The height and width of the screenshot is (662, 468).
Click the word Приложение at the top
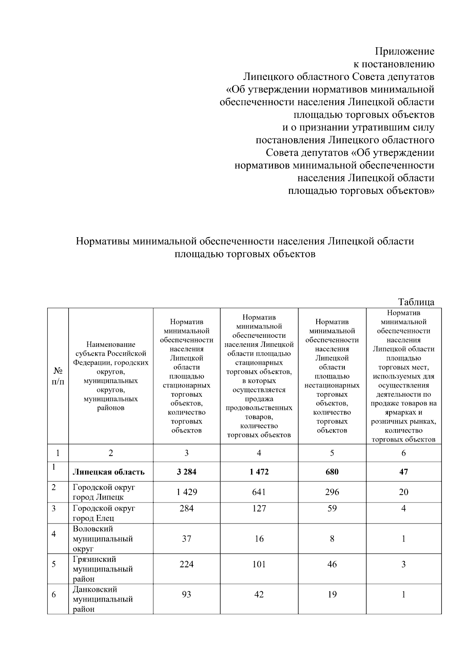(x=404, y=51)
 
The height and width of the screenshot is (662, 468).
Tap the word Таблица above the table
(x=416, y=302)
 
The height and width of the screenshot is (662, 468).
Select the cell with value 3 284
(x=186, y=472)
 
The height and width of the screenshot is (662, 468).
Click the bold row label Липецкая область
(x=108, y=472)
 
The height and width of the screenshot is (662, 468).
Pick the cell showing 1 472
(x=259, y=472)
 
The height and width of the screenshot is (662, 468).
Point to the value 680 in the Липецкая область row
(x=332, y=472)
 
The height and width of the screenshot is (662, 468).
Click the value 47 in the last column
(x=404, y=472)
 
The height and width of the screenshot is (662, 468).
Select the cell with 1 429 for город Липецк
(x=186, y=492)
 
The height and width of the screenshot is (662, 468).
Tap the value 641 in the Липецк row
(x=259, y=492)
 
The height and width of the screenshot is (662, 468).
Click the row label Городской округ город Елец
(x=104, y=513)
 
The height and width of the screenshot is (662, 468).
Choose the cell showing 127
(x=259, y=508)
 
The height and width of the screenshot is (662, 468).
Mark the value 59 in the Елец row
(x=332, y=508)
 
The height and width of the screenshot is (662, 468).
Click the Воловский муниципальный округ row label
(x=103, y=539)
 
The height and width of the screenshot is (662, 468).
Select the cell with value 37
(x=186, y=539)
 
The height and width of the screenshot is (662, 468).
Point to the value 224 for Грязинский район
(x=186, y=564)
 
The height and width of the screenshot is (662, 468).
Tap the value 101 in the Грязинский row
(x=259, y=564)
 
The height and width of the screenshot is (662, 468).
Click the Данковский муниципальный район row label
(x=103, y=599)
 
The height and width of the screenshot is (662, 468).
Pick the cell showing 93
(x=186, y=595)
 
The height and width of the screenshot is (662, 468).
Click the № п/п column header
(x=58, y=376)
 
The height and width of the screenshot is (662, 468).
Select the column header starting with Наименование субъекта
(x=111, y=376)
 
